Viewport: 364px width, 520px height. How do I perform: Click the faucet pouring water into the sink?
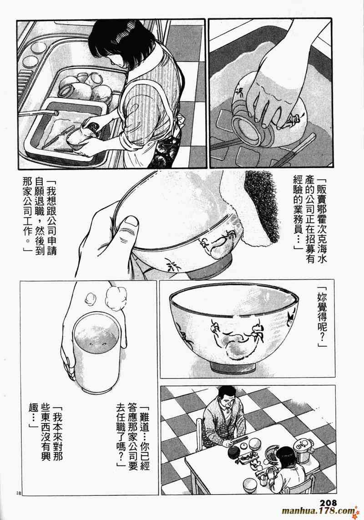[39, 113]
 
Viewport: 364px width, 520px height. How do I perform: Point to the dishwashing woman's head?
[110, 41]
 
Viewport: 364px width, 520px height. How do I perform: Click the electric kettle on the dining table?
[303, 451]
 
